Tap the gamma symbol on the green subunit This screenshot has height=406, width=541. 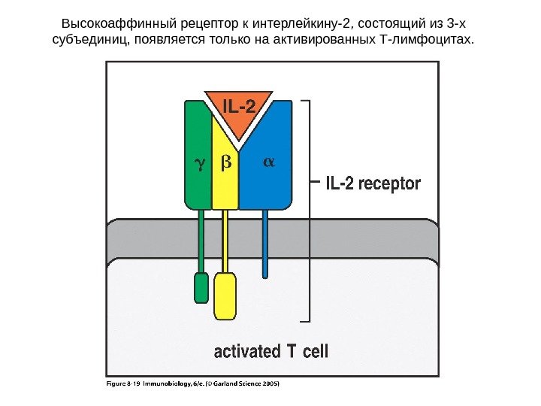(x=199, y=162)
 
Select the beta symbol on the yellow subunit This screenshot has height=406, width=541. (x=225, y=162)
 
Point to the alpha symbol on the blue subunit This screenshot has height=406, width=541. (x=270, y=161)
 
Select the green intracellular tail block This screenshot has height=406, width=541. (x=201, y=287)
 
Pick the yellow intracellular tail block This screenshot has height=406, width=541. (x=225, y=296)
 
